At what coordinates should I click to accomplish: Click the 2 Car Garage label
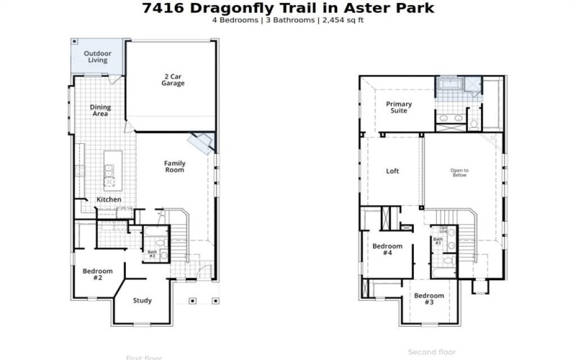click(x=173, y=79)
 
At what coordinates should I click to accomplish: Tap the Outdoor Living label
click(x=97, y=56)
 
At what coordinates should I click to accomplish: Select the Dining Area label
click(x=100, y=110)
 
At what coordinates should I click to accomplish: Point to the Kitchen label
click(x=109, y=199)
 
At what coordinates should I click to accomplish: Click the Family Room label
click(x=174, y=166)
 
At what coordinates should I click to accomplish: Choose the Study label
click(x=143, y=300)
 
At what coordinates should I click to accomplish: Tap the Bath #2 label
click(x=152, y=253)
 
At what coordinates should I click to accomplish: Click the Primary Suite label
click(x=398, y=107)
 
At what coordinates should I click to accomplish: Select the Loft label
click(x=392, y=171)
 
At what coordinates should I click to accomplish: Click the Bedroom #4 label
click(x=387, y=249)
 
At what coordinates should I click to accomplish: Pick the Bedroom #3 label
click(x=428, y=299)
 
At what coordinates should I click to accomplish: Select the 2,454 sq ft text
click(x=345, y=20)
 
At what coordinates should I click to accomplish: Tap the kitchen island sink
click(x=109, y=171)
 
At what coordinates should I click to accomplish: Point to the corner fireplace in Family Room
click(x=199, y=140)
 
